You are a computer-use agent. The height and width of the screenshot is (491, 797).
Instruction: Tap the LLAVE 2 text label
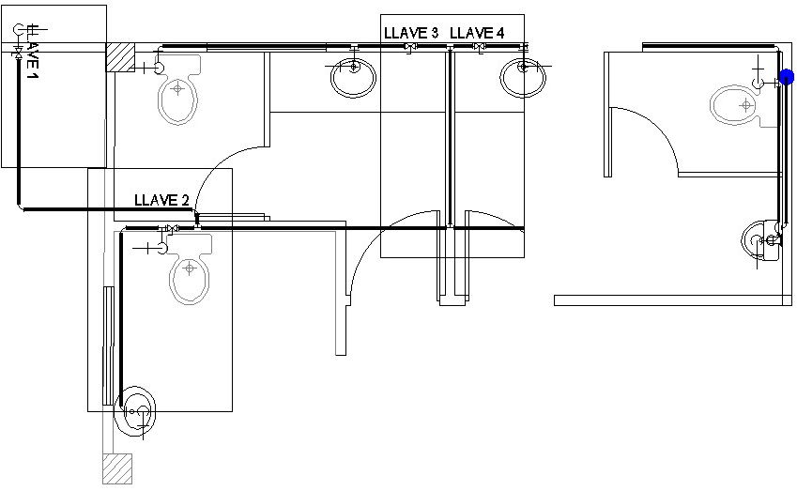click(161, 200)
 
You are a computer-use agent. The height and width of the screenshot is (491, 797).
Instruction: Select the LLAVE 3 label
click(411, 33)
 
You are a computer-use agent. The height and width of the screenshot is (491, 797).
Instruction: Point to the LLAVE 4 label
click(477, 33)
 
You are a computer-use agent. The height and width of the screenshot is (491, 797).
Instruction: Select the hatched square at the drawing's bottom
click(116, 468)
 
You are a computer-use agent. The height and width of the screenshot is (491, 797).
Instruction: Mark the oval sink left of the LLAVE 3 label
click(353, 75)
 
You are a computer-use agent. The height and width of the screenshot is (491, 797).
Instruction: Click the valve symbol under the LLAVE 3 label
click(408, 47)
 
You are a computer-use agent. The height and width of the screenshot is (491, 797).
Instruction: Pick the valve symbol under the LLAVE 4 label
click(480, 47)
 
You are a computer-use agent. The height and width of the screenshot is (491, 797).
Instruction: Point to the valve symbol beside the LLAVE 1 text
click(17, 56)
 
